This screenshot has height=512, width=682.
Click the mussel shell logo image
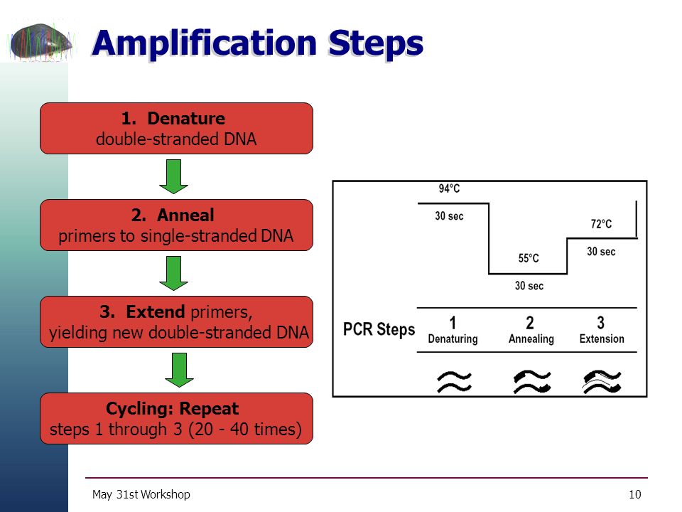pyautogui.click(x=42, y=41)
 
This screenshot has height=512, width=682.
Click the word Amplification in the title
pyautogui.click(x=205, y=44)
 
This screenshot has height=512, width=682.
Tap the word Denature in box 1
pyautogui.click(x=186, y=119)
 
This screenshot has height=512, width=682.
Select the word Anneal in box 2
pyautogui.click(x=185, y=215)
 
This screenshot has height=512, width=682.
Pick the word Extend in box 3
pyautogui.click(x=156, y=311)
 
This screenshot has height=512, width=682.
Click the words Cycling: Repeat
pyautogui.click(x=172, y=408)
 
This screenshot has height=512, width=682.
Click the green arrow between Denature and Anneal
pyautogui.click(x=173, y=177)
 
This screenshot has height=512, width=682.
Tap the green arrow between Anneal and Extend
pyautogui.click(x=173, y=273)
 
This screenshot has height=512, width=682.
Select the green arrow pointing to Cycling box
pyautogui.click(x=179, y=370)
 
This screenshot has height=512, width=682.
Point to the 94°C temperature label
pyautogui.click(x=449, y=188)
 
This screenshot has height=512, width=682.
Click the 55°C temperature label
pyautogui.click(x=529, y=258)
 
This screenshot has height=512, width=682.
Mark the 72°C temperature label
pyautogui.click(x=601, y=224)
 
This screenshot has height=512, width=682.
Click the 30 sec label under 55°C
pyautogui.click(x=529, y=286)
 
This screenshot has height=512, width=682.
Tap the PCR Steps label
pyautogui.click(x=379, y=329)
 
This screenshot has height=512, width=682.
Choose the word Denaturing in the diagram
pyautogui.click(x=453, y=338)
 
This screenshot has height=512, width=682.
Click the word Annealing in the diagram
pyautogui.click(x=531, y=338)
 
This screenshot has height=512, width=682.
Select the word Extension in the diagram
pyautogui.click(x=602, y=338)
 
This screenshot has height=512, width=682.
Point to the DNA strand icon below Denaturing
pyautogui.click(x=454, y=382)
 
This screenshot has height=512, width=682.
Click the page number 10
pyautogui.click(x=635, y=494)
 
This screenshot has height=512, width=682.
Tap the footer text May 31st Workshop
pyautogui.click(x=141, y=495)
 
